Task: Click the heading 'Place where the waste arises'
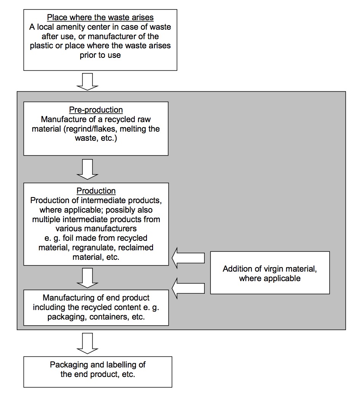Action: [100, 17]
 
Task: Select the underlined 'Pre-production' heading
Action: [96, 110]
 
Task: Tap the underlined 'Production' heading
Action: [96, 191]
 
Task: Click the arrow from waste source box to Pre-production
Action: [88, 82]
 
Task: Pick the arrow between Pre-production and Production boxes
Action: [88, 169]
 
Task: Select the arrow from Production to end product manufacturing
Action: [88, 278]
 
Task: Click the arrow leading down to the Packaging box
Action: [88, 344]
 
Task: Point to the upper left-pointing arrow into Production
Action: [188, 258]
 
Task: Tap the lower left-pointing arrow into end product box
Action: [188, 288]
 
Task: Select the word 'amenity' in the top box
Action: [75, 27]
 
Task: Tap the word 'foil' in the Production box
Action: [68, 238]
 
